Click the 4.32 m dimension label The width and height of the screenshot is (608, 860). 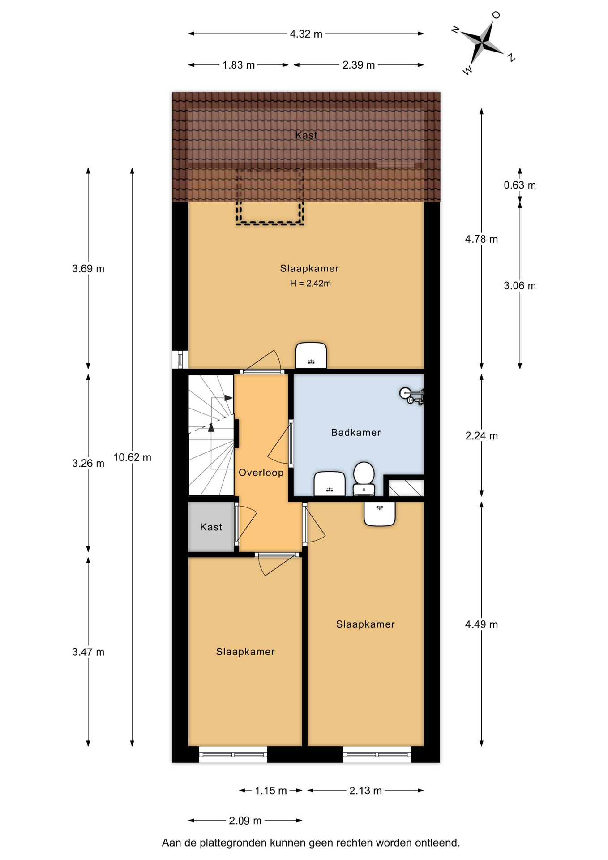(306, 34)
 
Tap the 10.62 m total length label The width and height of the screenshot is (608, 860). (133, 457)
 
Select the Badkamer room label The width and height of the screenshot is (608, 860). (356, 432)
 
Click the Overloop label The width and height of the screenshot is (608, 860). (261, 473)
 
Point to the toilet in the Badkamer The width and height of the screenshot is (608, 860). (364, 479)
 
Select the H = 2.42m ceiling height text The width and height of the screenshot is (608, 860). (310, 283)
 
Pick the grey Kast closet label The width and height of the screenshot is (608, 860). (211, 527)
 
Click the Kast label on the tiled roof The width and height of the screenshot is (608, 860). (306, 135)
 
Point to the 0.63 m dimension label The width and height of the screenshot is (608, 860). (520, 185)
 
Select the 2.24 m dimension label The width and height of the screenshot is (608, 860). (482, 436)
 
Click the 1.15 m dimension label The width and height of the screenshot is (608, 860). (271, 791)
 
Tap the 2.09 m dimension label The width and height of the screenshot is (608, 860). (245, 821)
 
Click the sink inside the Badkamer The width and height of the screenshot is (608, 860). (330, 484)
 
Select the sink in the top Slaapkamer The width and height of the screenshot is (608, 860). (311, 356)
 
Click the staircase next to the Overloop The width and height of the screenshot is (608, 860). (211, 435)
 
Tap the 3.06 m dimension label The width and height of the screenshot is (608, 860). (520, 286)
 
